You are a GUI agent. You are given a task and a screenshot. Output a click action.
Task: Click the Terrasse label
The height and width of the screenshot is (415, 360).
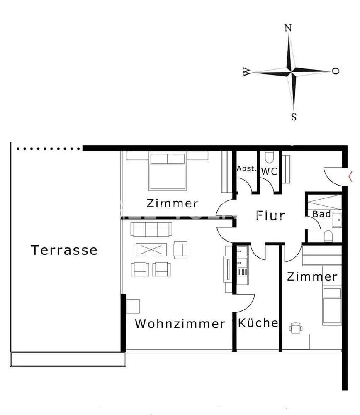64,250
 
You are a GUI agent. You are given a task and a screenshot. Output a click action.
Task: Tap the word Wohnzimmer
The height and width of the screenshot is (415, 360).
180,324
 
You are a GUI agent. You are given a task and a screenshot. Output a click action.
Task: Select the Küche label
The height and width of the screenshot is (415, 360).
258,323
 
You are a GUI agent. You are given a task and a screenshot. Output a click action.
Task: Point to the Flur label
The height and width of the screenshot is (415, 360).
270,216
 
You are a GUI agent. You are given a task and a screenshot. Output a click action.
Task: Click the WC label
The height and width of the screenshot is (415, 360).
270,171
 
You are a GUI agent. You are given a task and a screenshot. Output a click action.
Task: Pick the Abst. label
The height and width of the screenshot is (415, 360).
247,169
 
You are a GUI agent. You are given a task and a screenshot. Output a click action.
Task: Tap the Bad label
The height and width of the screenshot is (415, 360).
322,214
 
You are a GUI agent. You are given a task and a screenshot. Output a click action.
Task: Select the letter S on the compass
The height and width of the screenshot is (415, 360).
294,117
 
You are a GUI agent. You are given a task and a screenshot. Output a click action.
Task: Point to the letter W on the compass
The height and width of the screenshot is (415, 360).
247,73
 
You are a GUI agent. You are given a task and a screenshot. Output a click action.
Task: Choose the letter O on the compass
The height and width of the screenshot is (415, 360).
336,71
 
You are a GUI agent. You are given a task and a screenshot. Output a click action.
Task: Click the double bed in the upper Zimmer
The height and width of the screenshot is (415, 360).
167,171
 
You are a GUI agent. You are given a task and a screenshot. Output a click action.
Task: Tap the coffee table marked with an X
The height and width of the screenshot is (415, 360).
151,250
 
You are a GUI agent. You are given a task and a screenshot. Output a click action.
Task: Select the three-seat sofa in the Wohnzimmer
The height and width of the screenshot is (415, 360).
151,229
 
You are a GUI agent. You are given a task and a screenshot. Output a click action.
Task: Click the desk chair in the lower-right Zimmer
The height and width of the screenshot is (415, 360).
295,328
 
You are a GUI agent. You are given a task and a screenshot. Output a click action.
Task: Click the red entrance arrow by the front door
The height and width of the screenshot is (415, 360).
352,176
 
